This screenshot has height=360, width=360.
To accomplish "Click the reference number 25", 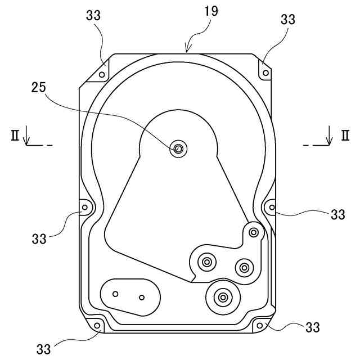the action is (x=38, y=88).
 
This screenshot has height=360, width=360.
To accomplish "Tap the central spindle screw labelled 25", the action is (x=178, y=148).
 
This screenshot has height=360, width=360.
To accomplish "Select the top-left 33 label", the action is (x=93, y=15).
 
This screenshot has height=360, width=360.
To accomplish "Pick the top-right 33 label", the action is (x=287, y=19).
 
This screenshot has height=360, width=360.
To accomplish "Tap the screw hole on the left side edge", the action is (x=85, y=207).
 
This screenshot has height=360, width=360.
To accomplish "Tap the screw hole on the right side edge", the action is (x=272, y=207).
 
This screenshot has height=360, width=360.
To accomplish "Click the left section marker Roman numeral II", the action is (x=14, y=135).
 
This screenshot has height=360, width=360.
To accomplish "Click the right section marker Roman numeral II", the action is (x=344, y=135).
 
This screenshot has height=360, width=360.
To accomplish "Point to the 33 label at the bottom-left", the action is (x=44, y=349).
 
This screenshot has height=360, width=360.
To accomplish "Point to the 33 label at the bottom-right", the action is (x=313, y=327).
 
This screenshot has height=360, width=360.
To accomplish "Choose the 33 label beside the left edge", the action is (x=39, y=238).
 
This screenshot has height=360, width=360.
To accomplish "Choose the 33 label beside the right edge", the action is (x=337, y=214).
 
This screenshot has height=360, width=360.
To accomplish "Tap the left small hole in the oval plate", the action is (x=115, y=294).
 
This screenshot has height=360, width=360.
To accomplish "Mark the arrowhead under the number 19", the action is (x=187, y=49).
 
